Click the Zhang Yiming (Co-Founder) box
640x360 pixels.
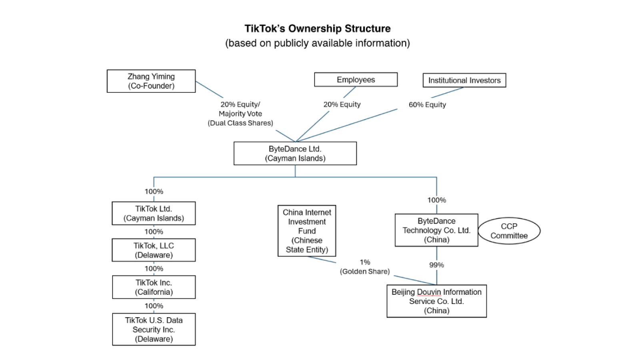(151, 81)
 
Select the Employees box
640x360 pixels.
(356, 80)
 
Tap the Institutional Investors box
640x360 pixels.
(464, 80)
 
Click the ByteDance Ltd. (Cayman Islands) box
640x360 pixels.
(295, 154)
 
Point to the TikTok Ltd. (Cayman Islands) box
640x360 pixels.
(154, 213)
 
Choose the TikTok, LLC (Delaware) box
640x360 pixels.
(154, 250)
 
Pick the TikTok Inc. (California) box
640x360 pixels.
(154, 287)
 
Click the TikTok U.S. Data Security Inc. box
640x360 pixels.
(154, 329)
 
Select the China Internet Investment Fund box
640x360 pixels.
(307, 231)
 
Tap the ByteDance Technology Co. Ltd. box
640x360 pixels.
(436, 230)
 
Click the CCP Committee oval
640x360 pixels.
(509, 231)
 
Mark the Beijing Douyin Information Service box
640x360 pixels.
(436, 301)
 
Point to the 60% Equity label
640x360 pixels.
(427, 105)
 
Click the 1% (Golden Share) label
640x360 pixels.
(365, 267)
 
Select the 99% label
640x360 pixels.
(436, 265)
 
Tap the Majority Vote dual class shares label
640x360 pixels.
(240, 114)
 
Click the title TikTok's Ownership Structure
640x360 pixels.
(318, 29)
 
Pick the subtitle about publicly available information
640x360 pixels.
(318, 43)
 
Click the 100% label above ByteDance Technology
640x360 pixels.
(436, 200)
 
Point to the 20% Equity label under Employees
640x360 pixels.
(342, 104)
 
